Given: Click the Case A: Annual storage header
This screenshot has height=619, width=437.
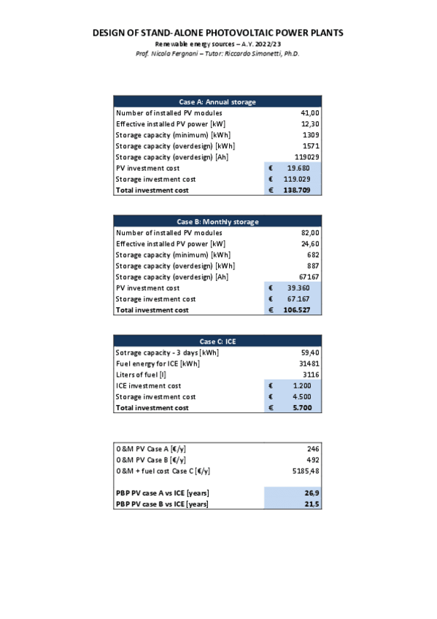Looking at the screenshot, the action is point(217,102).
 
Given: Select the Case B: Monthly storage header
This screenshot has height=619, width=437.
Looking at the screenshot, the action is point(217,222).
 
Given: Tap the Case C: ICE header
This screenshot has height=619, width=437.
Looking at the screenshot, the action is point(217,342).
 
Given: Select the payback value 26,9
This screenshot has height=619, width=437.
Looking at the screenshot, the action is point(313,493).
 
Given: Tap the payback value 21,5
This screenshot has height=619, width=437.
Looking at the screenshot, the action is point(313,504).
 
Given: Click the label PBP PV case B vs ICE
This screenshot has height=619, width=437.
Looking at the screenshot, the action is point(162,504).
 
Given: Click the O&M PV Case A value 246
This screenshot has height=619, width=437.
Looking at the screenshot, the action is point(314,449).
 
